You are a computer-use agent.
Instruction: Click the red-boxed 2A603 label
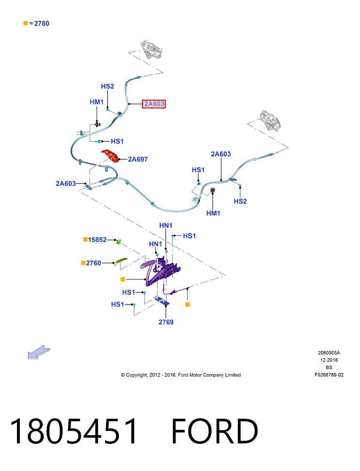(154, 104)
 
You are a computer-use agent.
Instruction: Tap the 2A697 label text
(138, 159)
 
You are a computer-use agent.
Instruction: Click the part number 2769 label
(166, 322)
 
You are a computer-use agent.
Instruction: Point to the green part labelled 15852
(119, 241)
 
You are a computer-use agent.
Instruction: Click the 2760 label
(94, 263)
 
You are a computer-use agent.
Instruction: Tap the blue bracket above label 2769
(162, 301)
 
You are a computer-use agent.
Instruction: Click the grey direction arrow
(39, 352)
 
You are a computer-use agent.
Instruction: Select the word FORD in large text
(215, 431)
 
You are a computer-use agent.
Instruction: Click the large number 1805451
(74, 431)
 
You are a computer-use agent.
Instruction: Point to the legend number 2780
(42, 23)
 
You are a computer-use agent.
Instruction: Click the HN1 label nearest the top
(166, 225)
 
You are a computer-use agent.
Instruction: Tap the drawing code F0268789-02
(329, 375)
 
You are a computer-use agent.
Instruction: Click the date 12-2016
(329, 360)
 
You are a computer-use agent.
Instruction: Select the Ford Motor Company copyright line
(181, 375)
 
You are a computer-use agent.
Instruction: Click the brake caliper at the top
(152, 49)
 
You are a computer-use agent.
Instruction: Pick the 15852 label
(97, 240)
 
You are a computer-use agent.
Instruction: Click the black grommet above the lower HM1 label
(212, 191)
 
